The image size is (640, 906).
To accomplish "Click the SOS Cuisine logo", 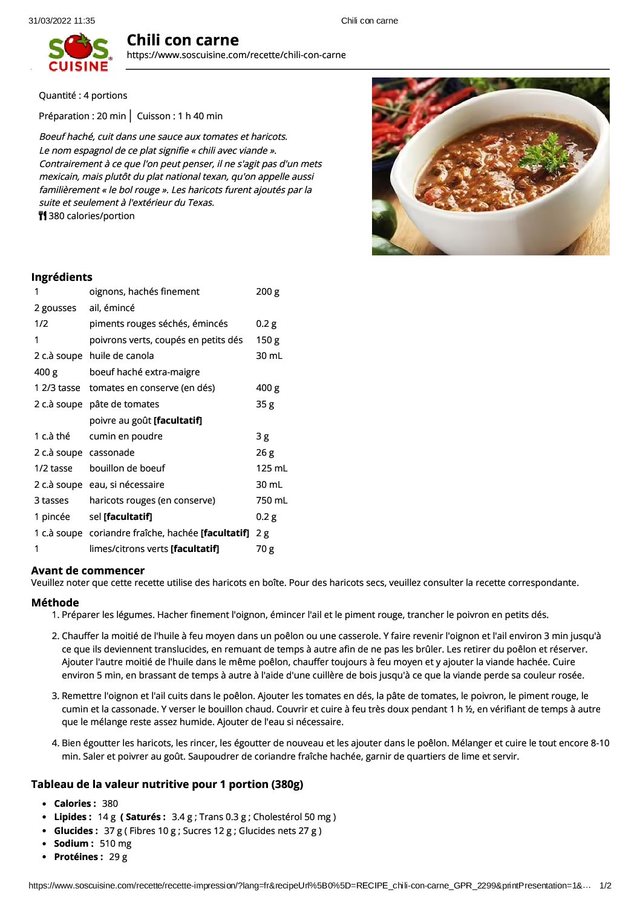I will point(79,53).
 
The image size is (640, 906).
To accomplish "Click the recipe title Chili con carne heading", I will point(183,41).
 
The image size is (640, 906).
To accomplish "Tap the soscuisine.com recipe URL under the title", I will point(236,55).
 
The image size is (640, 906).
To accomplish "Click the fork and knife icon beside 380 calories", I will point(42,216).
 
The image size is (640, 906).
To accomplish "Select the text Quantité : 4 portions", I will point(83,96).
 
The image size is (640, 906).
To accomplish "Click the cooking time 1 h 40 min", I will point(200,116).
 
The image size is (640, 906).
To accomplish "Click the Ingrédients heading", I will point(62,277).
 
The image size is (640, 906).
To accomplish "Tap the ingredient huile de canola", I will point(122,356).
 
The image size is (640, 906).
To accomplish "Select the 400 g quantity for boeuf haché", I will point(46,372).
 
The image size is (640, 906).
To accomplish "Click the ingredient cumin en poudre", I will point(126,436).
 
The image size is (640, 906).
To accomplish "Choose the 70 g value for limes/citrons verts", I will point(265,549).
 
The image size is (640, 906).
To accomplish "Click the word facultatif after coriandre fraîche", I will point(225,533).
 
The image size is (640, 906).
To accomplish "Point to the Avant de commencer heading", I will point(88,571).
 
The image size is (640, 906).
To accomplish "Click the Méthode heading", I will point(55,603).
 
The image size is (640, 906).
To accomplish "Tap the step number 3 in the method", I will point(55,696).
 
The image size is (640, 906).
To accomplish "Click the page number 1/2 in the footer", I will point(605,885).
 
